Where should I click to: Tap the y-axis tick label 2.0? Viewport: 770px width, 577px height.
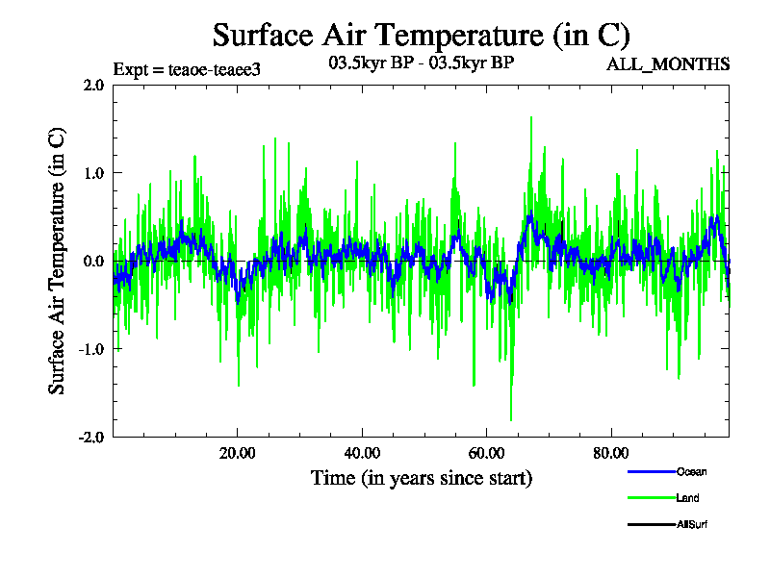[93, 85]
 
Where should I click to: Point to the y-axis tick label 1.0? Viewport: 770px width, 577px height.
[93, 173]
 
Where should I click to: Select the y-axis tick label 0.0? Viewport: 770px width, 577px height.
[93, 261]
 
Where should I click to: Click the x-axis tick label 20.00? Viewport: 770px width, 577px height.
[237, 453]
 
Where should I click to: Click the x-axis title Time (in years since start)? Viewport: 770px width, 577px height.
[422, 478]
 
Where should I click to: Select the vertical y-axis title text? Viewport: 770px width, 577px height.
[58, 261]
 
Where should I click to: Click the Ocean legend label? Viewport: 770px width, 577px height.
[691, 472]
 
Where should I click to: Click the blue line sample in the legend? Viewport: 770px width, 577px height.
[650, 472]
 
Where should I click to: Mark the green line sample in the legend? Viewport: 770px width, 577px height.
[650, 498]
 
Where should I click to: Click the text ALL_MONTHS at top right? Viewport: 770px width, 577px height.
[667, 64]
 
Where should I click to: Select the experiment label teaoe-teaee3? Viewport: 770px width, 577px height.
[187, 69]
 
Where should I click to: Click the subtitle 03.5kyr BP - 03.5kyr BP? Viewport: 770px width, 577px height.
[422, 64]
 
